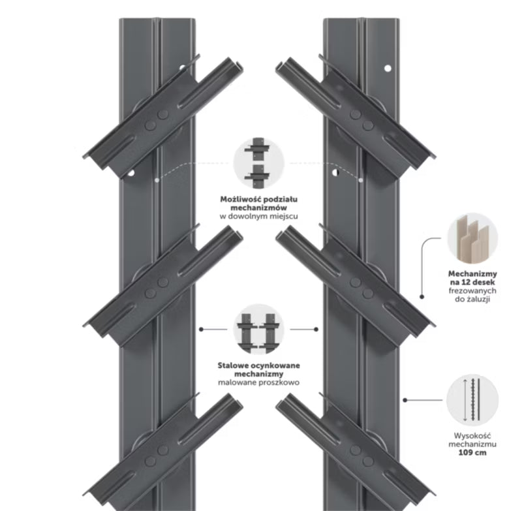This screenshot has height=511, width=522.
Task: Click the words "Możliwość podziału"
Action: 258,200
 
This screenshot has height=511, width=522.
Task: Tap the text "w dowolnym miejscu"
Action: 258,216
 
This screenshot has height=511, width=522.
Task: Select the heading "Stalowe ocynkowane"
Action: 258,365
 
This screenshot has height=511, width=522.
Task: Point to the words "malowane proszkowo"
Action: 258,382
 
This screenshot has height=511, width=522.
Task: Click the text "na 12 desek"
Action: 472,283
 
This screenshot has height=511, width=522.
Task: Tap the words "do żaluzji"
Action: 472,299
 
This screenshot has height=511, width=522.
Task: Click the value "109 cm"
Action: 472,452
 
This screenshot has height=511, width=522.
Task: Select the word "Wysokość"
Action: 472,436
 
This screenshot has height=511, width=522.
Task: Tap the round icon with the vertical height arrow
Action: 472,400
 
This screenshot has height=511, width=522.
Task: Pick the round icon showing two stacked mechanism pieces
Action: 258,163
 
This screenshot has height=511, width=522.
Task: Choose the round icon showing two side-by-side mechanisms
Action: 258,329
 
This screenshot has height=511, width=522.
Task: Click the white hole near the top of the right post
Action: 388,69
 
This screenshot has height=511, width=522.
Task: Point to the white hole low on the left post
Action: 131,173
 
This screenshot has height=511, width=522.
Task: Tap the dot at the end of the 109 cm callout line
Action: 405,400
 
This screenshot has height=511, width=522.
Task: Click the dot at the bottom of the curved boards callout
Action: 422,296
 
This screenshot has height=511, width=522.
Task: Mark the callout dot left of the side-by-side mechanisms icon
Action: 201,329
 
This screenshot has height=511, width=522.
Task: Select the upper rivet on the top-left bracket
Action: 162,114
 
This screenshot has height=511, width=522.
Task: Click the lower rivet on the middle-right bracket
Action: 368,294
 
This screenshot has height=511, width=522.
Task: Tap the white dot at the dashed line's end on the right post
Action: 361,180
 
